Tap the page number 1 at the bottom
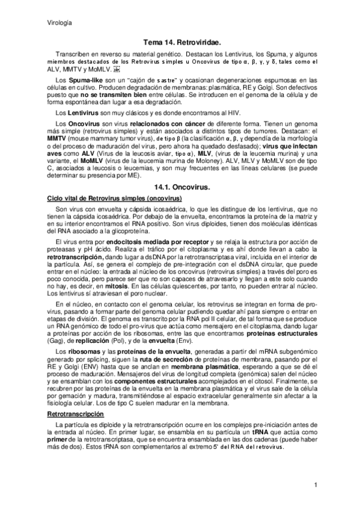click(316, 485)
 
